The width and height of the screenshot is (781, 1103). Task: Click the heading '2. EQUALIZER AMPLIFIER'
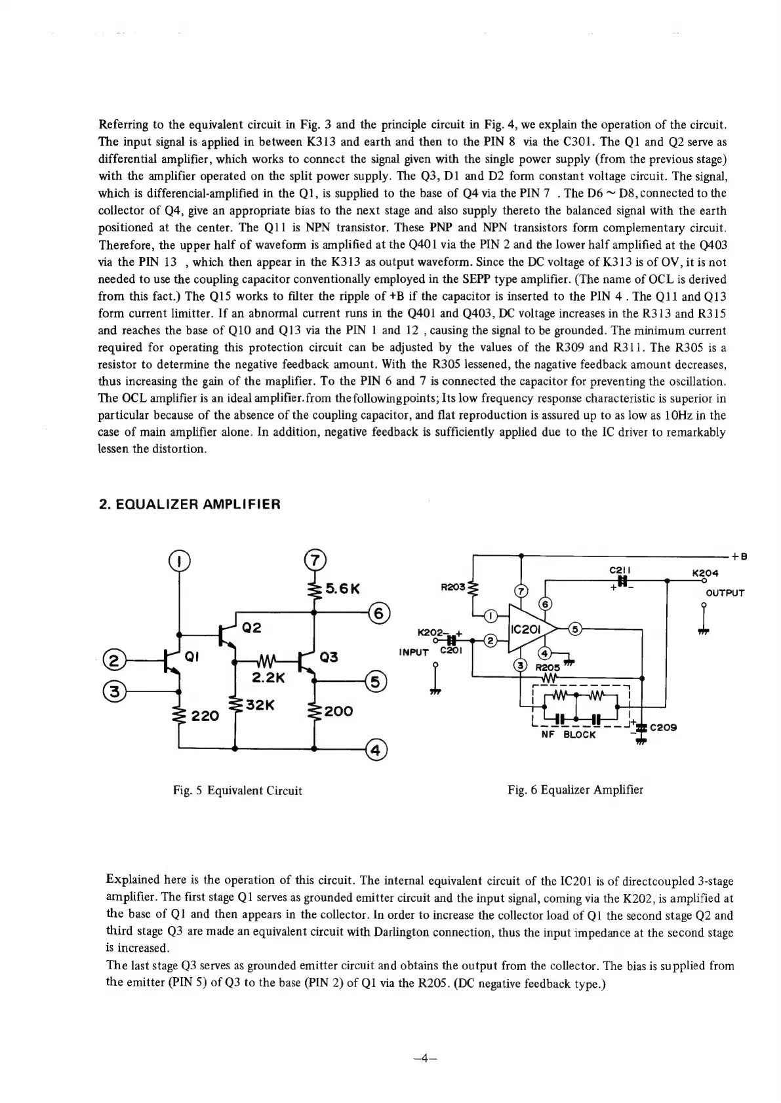(189, 505)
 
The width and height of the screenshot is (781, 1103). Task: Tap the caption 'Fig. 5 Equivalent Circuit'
(237, 790)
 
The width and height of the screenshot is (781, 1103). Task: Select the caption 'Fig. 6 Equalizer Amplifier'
(575, 790)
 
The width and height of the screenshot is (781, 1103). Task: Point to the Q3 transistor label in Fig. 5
(329, 657)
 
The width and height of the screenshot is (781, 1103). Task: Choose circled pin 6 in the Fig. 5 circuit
(380, 613)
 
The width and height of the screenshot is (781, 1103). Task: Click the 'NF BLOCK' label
(569, 735)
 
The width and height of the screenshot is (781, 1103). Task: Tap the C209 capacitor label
(663, 727)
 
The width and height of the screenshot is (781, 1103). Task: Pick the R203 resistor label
(452, 588)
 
